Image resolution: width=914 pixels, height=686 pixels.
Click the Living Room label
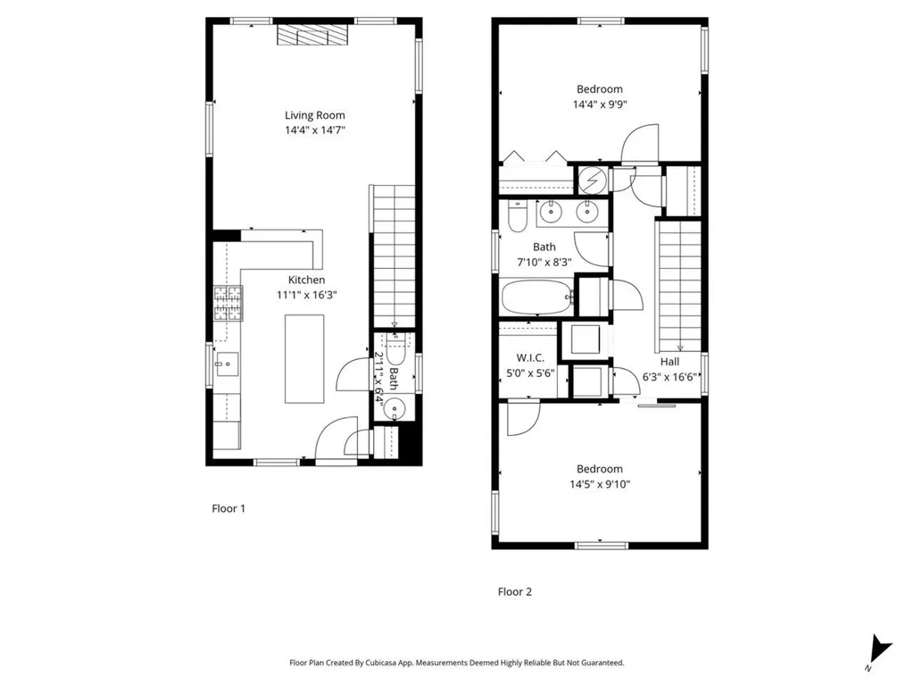(314, 115)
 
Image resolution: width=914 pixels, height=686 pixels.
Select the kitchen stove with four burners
(228, 304)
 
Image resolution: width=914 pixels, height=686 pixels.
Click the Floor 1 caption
(228, 508)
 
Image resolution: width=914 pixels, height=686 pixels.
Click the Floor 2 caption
(514, 591)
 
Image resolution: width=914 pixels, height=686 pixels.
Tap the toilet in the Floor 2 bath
(517, 216)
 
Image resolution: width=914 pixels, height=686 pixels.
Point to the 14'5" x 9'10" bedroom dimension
(599, 485)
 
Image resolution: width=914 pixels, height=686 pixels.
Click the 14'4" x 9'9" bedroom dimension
(599, 104)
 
